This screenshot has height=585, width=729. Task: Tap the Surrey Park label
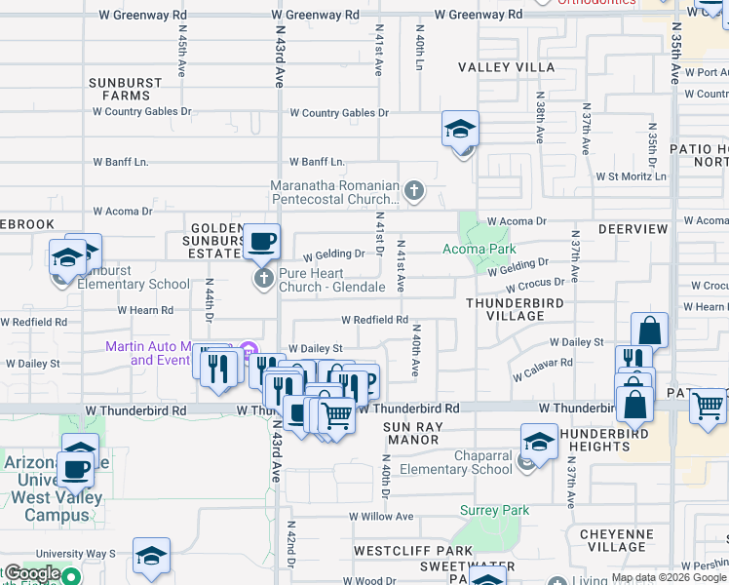click(494, 510)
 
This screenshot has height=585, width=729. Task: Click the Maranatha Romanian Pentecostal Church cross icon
click(414, 190)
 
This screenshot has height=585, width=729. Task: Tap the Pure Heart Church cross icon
click(262, 280)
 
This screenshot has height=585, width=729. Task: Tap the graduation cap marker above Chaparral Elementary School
click(539, 441)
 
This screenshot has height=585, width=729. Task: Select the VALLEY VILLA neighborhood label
click(507, 67)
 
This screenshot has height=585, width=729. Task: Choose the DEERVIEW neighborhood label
click(633, 229)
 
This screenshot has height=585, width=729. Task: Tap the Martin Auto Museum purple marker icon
click(249, 348)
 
